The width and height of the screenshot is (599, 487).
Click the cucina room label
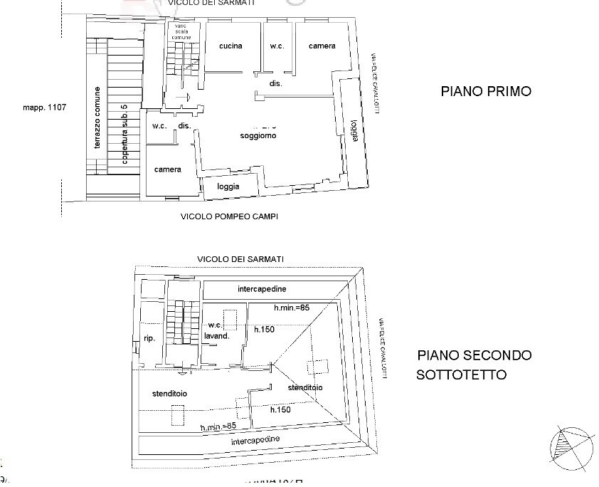[230, 46]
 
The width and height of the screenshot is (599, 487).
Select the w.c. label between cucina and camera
[277, 46]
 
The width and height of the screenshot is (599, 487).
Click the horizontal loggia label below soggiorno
[228, 187]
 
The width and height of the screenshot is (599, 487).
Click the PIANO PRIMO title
[486, 91]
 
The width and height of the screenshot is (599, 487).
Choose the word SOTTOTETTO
[462, 375]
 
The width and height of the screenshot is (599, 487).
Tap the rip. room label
[149, 338]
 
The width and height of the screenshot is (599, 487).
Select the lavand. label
[216, 335]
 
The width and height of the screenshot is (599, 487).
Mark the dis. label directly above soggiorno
[276, 83]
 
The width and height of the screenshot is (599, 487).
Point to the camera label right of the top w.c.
[322, 46]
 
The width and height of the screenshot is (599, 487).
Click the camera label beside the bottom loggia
[168, 169]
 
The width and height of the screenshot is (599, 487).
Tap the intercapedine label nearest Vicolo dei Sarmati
[262, 289]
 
